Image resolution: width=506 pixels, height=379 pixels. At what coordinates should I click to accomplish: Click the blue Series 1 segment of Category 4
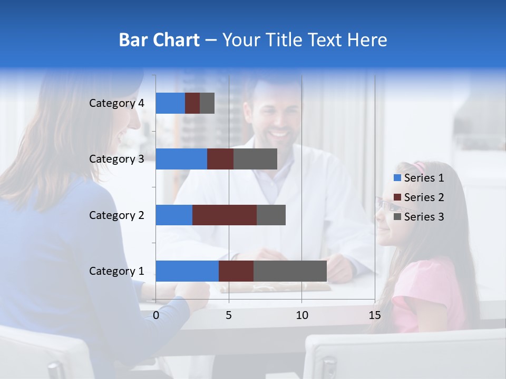coord(170,103)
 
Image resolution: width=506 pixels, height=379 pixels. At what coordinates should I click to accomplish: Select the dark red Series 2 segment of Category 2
coord(225,215)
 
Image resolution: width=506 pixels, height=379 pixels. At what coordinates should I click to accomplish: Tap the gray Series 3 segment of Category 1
coord(290,271)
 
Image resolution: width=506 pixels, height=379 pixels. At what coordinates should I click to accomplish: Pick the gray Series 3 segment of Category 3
coord(255,159)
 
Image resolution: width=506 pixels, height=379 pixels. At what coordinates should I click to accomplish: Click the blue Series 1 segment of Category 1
coord(187,271)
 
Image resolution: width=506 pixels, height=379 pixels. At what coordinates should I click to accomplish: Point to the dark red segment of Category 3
coord(220,159)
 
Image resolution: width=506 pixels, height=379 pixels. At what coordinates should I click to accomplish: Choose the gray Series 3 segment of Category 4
coord(207,103)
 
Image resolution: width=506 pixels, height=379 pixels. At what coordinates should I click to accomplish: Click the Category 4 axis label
coord(116,103)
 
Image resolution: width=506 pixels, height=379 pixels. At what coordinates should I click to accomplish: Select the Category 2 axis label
coord(116,215)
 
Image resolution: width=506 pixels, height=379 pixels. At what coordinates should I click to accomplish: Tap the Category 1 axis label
coord(116,271)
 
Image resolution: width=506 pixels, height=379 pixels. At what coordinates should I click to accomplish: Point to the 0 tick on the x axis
coord(156,315)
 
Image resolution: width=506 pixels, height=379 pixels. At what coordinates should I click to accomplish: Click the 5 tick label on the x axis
coord(229,315)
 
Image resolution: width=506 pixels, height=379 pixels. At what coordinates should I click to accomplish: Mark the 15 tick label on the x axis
coord(375,315)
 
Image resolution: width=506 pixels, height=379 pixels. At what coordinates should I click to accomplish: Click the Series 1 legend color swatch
coord(397,178)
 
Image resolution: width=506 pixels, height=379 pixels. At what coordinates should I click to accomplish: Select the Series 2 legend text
coord(424,197)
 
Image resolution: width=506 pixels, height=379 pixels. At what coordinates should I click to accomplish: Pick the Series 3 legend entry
coord(419,217)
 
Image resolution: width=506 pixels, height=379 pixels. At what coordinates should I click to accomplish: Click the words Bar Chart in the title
coord(159,40)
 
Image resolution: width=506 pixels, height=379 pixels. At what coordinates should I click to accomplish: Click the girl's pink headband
coord(421,167)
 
